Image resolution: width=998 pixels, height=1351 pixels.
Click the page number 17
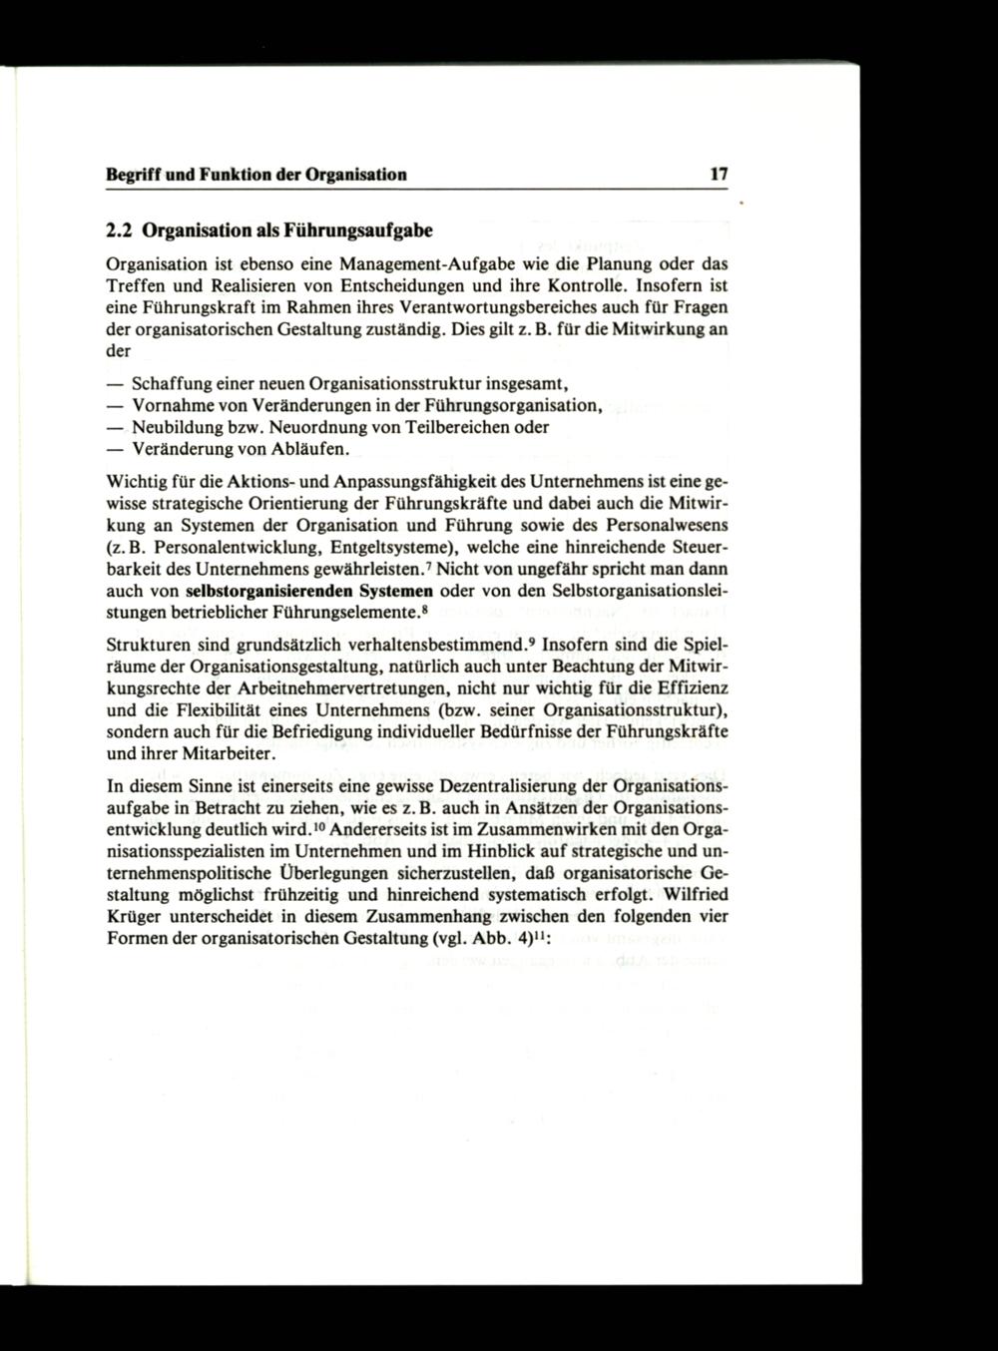[x=719, y=174]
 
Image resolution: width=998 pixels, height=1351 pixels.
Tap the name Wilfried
[x=697, y=895]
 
